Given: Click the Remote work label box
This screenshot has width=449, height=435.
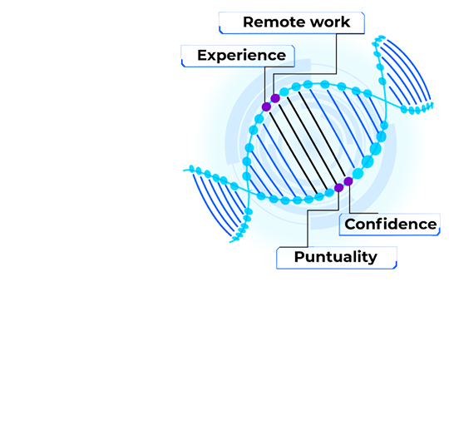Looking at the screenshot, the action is click(x=292, y=23).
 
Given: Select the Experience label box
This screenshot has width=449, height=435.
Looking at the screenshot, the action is click(x=238, y=56).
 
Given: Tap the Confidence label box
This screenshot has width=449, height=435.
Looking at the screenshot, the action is click(x=389, y=225).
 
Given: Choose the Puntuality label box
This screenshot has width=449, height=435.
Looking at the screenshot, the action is click(x=337, y=258).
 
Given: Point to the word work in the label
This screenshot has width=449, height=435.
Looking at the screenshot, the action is click(x=330, y=22).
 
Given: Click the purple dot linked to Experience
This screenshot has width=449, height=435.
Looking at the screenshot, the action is click(x=266, y=106).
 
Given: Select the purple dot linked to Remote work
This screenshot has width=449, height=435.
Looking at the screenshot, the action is click(x=275, y=98).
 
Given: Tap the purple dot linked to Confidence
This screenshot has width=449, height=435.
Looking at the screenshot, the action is click(x=348, y=181).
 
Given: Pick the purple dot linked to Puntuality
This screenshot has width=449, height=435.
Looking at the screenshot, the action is click(x=338, y=188).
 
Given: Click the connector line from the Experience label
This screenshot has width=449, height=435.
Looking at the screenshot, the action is click(x=265, y=85).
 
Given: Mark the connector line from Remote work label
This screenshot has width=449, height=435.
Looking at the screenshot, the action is click(x=305, y=74).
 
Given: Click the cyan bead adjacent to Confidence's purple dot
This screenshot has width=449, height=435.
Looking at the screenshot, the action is click(x=358, y=173).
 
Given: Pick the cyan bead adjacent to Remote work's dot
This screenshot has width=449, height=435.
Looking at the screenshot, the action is click(x=284, y=92).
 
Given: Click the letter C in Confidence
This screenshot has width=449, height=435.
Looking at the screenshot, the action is click(x=351, y=225).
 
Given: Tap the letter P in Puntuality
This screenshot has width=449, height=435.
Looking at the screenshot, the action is click(x=299, y=256).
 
